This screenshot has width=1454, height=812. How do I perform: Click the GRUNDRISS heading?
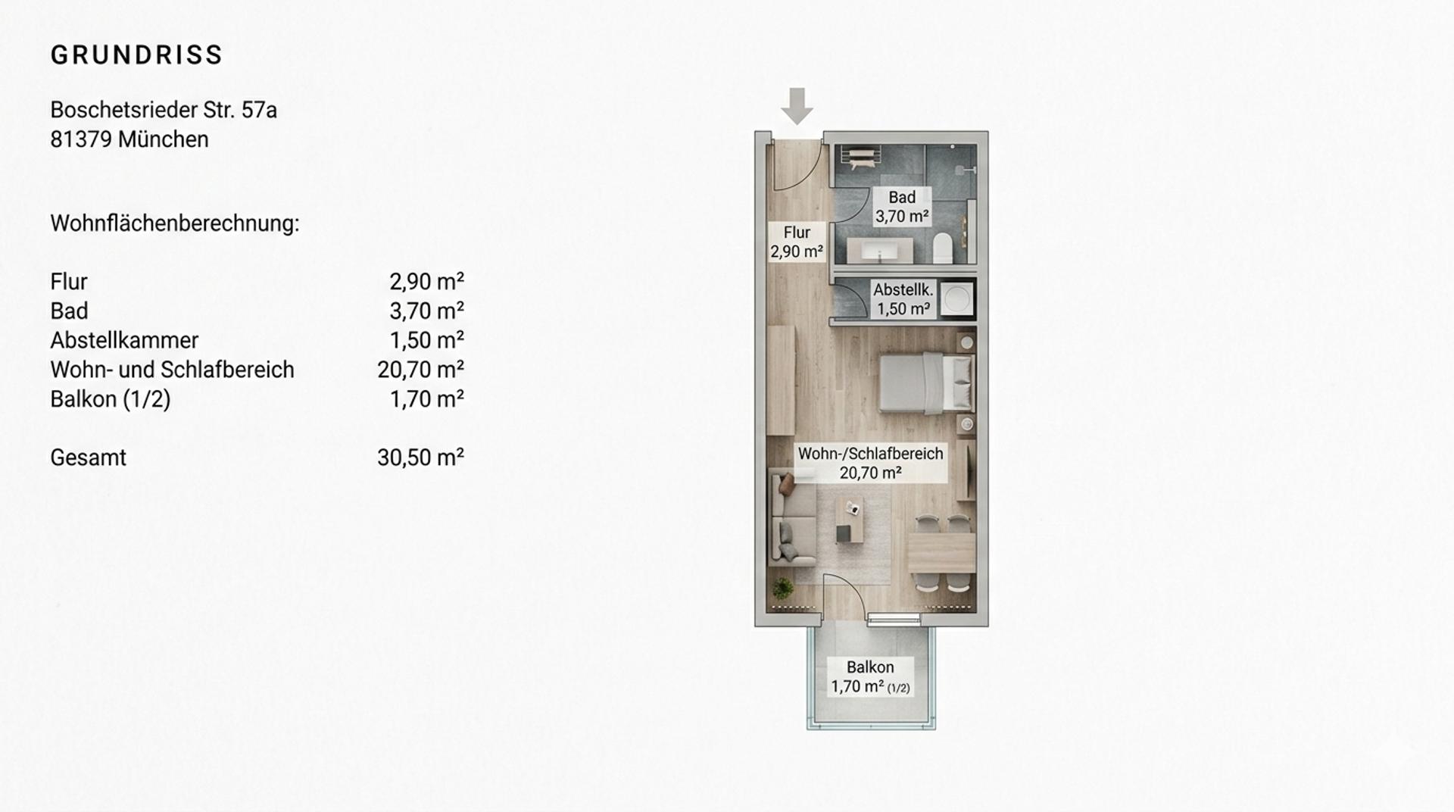pos(136,55)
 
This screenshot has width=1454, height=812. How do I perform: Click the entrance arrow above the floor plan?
pos(797,106)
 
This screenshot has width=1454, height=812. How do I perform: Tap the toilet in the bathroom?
pos(943,248)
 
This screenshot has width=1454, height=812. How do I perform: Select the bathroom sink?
pos(880,250)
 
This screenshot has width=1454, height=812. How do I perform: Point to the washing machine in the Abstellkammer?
pos(956,299)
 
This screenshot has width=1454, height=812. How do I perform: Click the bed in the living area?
pos(926,383)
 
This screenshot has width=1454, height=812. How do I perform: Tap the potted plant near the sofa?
pos(782,589)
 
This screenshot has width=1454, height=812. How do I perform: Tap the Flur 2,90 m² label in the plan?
pos(797,242)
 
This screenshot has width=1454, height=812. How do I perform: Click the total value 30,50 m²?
pos(420,458)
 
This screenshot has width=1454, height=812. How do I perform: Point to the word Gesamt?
pos(88,458)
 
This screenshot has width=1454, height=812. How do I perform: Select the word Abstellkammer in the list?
pos(124,340)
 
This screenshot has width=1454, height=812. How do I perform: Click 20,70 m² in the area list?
pos(420,370)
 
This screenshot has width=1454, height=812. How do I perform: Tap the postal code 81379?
pos(81,139)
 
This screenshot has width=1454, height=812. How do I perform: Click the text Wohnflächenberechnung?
pos(175,223)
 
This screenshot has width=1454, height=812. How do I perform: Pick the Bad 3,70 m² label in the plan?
pos(902,207)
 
